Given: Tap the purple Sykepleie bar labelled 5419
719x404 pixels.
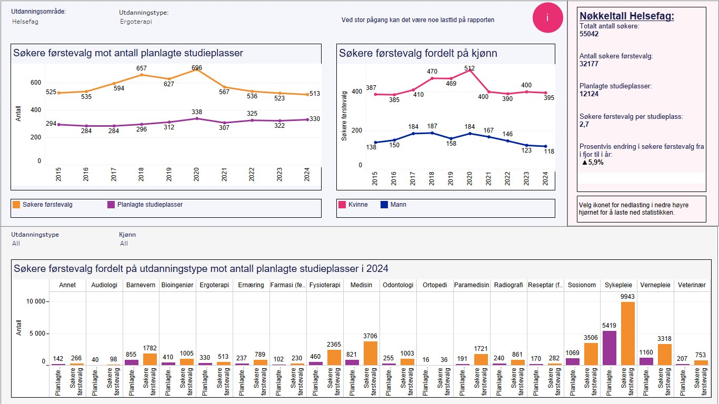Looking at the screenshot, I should [610, 347].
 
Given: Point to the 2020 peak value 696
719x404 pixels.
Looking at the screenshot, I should [197, 68].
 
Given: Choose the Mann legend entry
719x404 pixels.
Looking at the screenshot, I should [393, 205].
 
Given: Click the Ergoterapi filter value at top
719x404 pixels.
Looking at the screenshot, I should [136, 22].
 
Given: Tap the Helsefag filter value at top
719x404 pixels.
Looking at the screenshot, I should [25, 22].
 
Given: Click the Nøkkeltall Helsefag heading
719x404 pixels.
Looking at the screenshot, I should [626, 16].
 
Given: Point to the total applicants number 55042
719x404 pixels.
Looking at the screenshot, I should [589, 34].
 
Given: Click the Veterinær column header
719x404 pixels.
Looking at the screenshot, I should [692, 285].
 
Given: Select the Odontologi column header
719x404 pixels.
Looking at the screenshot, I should [398, 285].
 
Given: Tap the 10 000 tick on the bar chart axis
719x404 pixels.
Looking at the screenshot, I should [36, 301].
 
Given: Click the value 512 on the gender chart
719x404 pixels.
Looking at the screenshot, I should [470, 68].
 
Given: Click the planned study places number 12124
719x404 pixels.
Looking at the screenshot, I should [589, 94].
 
